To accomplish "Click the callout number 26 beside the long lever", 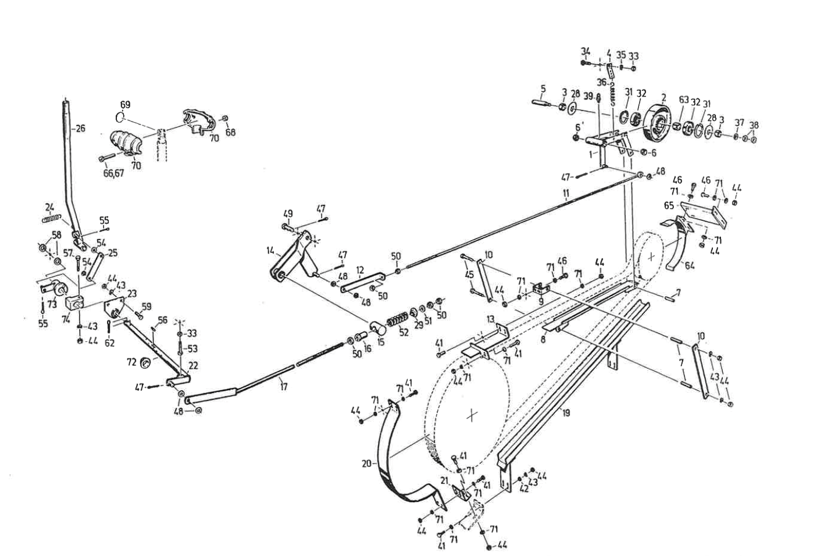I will (80, 128).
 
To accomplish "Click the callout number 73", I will (52, 304).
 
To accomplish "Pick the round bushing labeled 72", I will (145, 363).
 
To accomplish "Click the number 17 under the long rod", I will (283, 386).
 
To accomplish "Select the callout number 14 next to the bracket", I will (270, 251).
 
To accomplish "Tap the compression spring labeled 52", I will (398, 321).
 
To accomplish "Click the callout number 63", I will (683, 99).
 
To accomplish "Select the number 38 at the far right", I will (754, 125).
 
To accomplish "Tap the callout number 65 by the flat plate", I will (669, 205).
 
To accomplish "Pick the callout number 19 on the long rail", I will (566, 414).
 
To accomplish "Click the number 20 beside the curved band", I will (366, 464).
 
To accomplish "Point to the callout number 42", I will (524, 489).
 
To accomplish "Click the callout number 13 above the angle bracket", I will (491, 319).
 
